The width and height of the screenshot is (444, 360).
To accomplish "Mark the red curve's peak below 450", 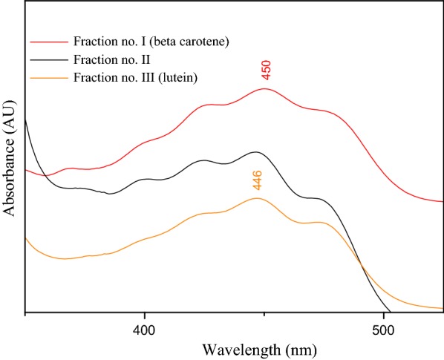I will (x=264, y=89).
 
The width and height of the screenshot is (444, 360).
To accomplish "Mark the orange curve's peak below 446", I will (x=257, y=198).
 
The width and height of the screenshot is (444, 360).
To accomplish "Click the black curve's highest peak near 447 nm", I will (x=256, y=152).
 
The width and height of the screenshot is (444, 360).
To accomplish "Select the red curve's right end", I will (x=443, y=201).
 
